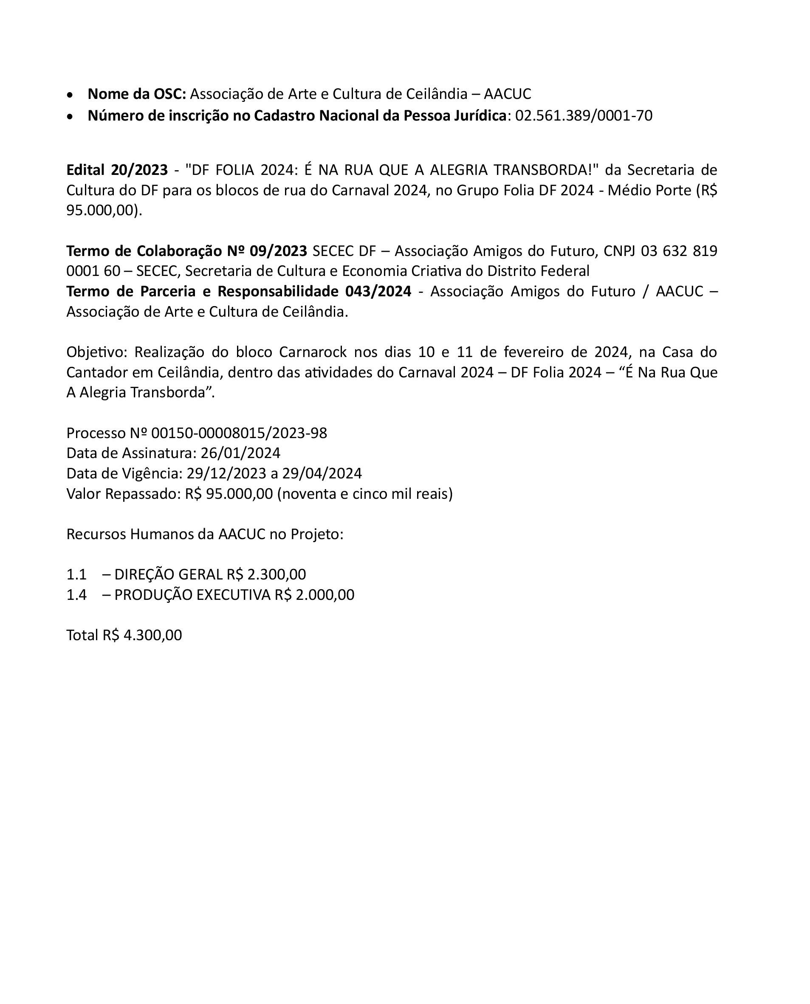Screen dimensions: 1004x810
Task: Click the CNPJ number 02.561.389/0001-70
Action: pyautogui.click(x=583, y=115)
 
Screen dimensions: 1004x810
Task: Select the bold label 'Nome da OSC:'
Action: pyautogui.click(x=137, y=94)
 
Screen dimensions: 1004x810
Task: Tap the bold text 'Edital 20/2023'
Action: pyautogui.click(x=117, y=170)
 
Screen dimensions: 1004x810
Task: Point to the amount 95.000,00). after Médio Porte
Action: pyautogui.click(x=104, y=210)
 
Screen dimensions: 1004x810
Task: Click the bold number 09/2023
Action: pyautogui.click(x=278, y=251)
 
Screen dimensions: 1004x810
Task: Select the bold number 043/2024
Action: pyautogui.click(x=378, y=292)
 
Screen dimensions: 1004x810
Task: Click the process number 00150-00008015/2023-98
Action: pyautogui.click(x=239, y=433)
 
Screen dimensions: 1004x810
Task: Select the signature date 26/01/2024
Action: pyautogui.click(x=240, y=453)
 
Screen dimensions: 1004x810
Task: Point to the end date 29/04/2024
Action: pyautogui.click(x=322, y=474)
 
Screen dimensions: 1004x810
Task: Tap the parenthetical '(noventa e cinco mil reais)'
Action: pyautogui.click(x=365, y=494)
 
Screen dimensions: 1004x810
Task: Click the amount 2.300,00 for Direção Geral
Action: pyautogui.click(x=276, y=574)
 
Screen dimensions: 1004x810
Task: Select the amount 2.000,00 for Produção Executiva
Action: pyautogui.click(x=325, y=595)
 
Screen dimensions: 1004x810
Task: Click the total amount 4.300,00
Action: pyautogui.click(x=152, y=636)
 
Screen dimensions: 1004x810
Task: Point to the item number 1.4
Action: pyautogui.click(x=76, y=595)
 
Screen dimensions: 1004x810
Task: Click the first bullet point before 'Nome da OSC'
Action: pyautogui.click(x=70, y=95)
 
